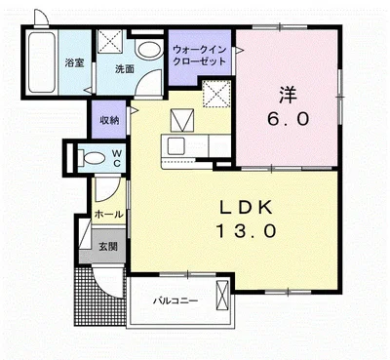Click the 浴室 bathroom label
click(x=72, y=63)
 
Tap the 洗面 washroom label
click(x=123, y=69)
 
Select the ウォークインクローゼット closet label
click(x=200, y=55)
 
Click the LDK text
click(x=249, y=208)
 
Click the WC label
click(x=116, y=157)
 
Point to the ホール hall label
click(x=108, y=213)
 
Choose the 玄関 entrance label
click(x=107, y=247)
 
